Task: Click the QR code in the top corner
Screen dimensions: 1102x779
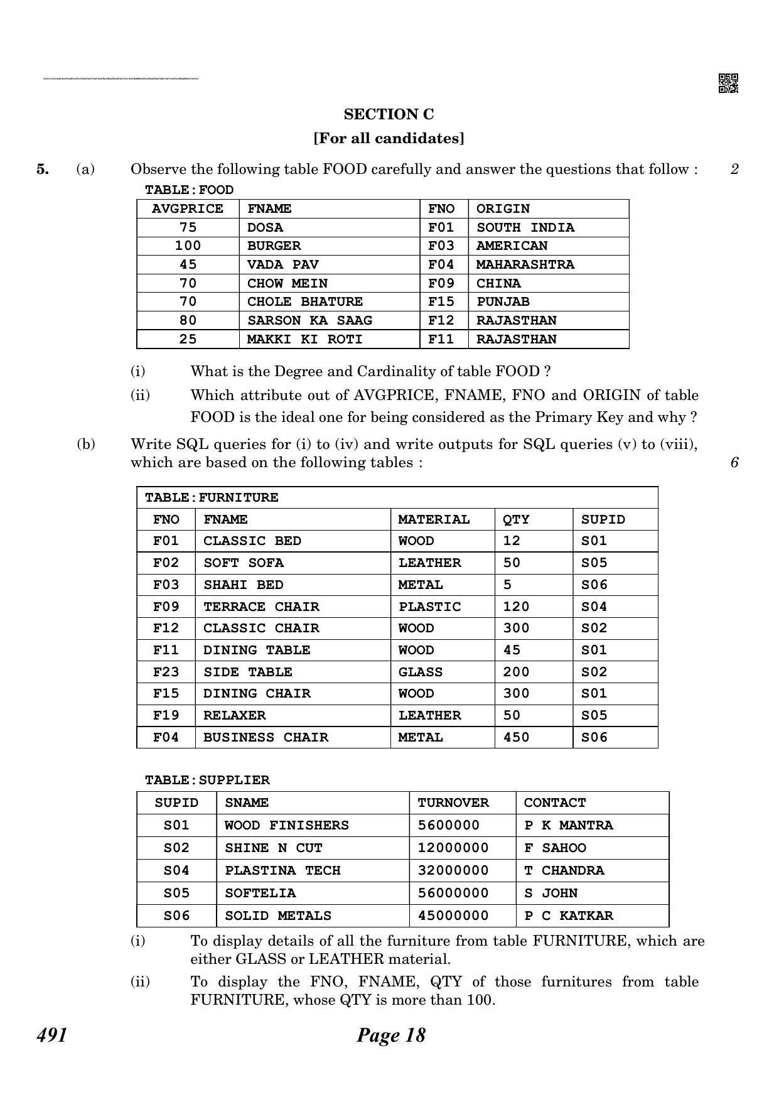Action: coord(728,83)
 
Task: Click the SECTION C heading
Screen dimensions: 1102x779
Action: coord(389,114)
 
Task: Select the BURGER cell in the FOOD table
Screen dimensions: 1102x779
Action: coord(274,246)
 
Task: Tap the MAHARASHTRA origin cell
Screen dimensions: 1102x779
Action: coord(525,264)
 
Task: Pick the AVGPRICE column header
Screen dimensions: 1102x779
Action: coord(188,209)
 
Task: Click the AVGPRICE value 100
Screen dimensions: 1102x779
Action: coord(188,246)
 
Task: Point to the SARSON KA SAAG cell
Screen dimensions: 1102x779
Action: coord(309,321)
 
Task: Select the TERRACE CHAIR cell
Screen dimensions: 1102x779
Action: coord(261,607)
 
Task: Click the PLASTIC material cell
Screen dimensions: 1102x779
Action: coord(429,607)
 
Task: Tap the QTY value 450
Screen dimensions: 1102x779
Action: coord(516,738)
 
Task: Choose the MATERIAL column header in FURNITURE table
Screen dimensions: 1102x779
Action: coord(434,520)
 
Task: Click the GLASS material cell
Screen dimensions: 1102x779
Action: coord(421,673)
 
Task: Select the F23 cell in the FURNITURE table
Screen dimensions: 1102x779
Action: coord(166,673)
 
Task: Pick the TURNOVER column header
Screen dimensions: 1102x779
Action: coord(453,803)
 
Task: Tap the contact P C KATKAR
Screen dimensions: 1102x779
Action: coord(568,916)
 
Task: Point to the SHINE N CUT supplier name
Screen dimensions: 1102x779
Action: coord(273,848)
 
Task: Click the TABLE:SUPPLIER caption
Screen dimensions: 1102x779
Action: coord(207,781)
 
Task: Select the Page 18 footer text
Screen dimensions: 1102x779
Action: coord(390,1035)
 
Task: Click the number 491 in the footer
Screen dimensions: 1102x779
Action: coord(52,1035)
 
